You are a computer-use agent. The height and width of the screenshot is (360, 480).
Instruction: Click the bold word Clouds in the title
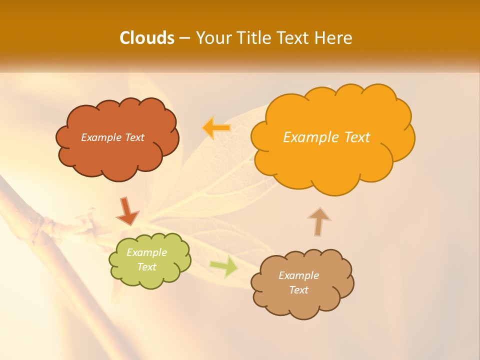pyautogui.click(x=146, y=38)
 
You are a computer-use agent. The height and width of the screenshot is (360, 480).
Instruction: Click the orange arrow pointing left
pyautogui.click(x=216, y=128)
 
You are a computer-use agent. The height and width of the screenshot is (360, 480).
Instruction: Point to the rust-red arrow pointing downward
pyautogui.click(x=127, y=211)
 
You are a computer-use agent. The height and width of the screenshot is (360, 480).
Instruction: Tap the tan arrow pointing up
pyautogui.click(x=319, y=221)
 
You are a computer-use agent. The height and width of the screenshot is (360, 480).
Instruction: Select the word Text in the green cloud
pyautogui.click(x=147, y=267)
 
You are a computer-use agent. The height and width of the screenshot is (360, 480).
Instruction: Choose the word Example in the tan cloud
pyautogui.click(x=298, y=275)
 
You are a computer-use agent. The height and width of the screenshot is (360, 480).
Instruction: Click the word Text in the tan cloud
pyautogui.click(x=298, y=290)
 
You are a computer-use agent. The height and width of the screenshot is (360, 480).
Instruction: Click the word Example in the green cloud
pyautogui.click(x=147, y=252)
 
